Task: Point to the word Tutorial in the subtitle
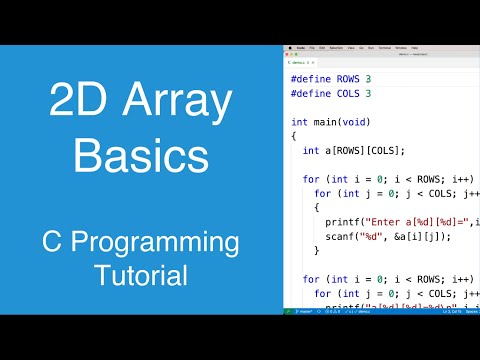coord(141,274)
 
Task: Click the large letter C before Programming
coord(55,243)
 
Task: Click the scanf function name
coord(341,236)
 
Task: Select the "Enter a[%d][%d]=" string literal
coord(411,222)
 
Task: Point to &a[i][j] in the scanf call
coord(410,236)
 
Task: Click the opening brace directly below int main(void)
coord(294,135)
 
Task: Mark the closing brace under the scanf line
coord(317,251)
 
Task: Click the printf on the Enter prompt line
coord(344,222)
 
